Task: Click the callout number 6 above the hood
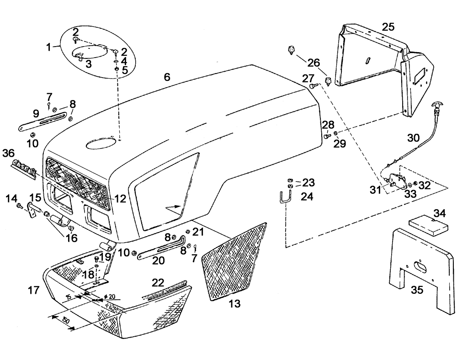(167, 78)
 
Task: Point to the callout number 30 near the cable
(413, 138)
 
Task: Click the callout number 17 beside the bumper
(33, 290)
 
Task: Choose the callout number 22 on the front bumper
(158, 283)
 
